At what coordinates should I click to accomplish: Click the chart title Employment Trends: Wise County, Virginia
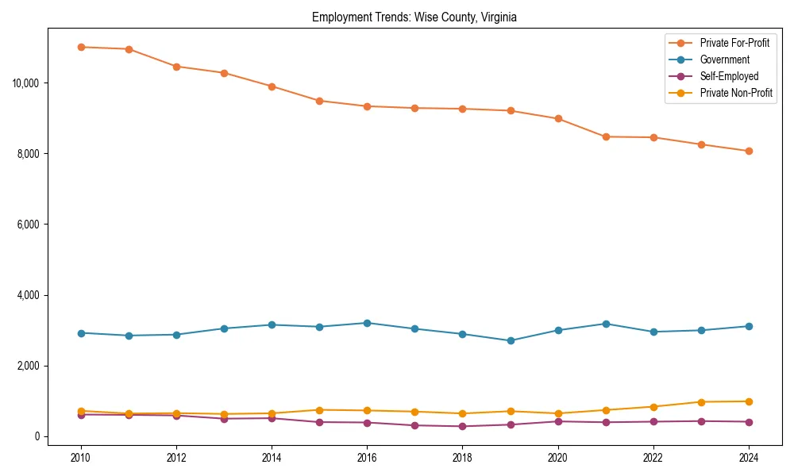(414, 17)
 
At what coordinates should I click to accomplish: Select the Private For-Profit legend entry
(734, 43)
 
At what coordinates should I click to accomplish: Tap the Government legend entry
(724, 59)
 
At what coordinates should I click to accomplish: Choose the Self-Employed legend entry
(729, 76)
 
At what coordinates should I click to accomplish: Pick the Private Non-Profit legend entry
(736, 93)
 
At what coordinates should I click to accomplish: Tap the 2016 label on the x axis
(367, 458)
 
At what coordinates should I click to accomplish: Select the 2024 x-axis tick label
(749, 458)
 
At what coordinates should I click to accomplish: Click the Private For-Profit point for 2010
(81, 47)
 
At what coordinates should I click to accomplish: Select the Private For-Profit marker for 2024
(749, 151)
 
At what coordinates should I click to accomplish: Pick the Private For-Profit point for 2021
(606, 136)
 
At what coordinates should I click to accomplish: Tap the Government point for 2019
(511, 340)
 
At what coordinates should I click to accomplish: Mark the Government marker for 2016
(367, 323)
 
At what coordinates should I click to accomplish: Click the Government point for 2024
(749, 326)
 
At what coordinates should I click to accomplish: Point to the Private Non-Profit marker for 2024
(749, 401)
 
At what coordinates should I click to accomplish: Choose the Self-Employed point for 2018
(463, 426)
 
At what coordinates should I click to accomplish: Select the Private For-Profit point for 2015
(319, 101)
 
